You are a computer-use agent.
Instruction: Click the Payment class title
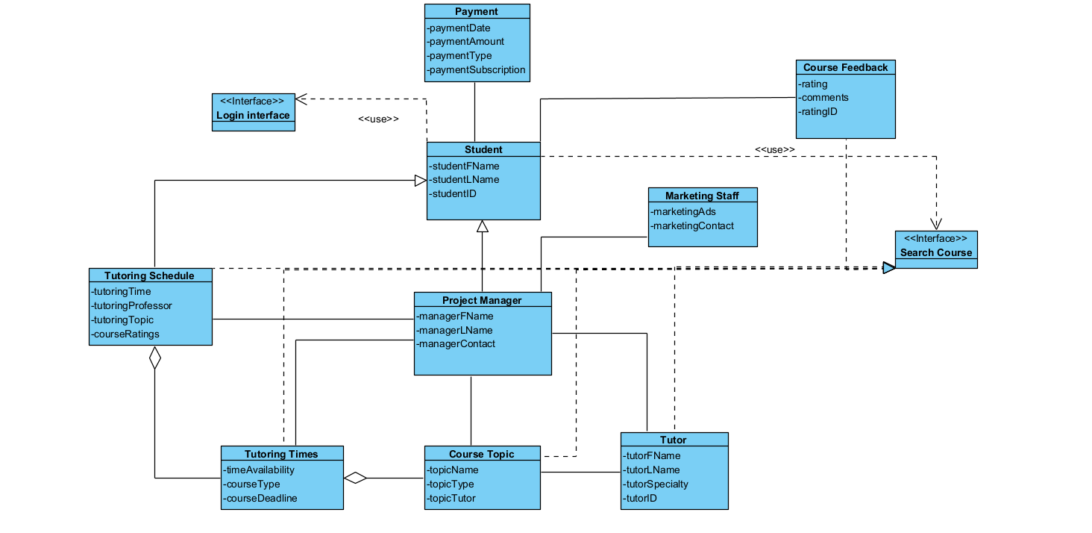pyautogui.click(x=477, y=11)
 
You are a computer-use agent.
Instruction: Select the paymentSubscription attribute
pyautogui.click(x=477, y=69)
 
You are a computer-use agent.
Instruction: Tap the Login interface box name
pyautogui.click(x=253, y=115)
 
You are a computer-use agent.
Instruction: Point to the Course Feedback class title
pyautogui.click(x=845, y=67)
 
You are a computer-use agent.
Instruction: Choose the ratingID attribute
pyautogui.click(x=818, y=111)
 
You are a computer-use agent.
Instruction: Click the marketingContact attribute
pyautogui.click(x=693, y=225)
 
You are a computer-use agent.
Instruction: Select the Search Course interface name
pyautogui.click(x=936, y=252)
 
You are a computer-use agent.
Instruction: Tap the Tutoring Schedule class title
pyautogui.click(x=149, y=275)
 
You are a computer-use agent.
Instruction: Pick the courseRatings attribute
pyautogui.click(x=125, y=334)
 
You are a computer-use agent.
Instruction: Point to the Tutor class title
pyautogui.click(x=674, y=440)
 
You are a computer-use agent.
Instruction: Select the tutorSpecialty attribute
pyautogui.click(x=656, y=484)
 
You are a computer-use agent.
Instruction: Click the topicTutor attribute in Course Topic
pyautogui.click(x=452, y=498)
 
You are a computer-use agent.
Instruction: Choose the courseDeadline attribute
pyautogui.click(x=262, y=498)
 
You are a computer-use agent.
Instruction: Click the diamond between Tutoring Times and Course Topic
pyautogui.click(x=356, y=478)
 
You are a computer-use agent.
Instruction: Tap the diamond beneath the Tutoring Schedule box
pyautogui.click(x=154, y=358)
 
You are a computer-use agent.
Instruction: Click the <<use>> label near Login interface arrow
pyautogui.click(x=378, y=119)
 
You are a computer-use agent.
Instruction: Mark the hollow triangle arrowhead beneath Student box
pyautogui.click(x=483, y=226)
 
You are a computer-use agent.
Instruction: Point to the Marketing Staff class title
pyautogui.click(x=703, y=196)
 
